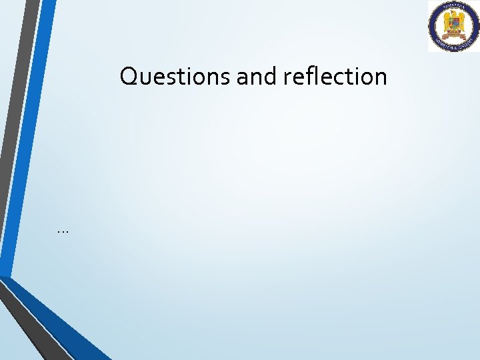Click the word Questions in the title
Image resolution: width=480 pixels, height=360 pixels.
coord(175,77)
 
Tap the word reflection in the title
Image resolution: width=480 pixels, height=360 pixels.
coord(335,77)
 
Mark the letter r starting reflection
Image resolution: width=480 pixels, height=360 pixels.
coord(287,79)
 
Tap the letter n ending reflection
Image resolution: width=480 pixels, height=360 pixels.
coord(381,79)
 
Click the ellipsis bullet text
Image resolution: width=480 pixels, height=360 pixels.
coord(63,231)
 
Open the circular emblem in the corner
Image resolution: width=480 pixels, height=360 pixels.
coord(453,26)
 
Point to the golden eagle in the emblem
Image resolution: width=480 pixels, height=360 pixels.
coord(453,23)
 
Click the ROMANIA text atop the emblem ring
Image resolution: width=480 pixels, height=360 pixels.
coord(453,7)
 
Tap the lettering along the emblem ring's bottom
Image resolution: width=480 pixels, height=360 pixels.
coord(453,46)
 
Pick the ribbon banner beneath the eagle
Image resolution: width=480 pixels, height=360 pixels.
coord(453,38)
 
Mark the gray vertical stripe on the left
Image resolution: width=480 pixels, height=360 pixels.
coord(20,100)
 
